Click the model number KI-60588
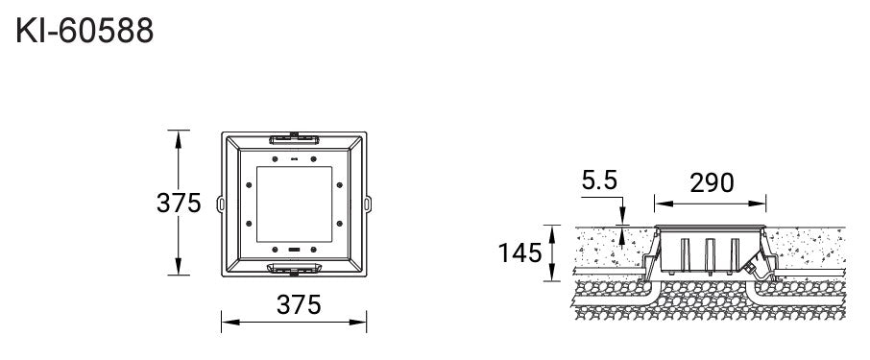click(85, 31)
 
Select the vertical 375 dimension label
click(178, 203)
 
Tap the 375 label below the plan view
click(299, 304)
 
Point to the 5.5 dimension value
click(599, 180)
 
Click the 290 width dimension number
click(712, 183)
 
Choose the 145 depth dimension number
click(520, 253)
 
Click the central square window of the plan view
click(294, 204)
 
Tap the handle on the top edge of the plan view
click(294, 138)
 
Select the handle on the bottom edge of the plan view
click(294, 269)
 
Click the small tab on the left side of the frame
click(220, 204)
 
